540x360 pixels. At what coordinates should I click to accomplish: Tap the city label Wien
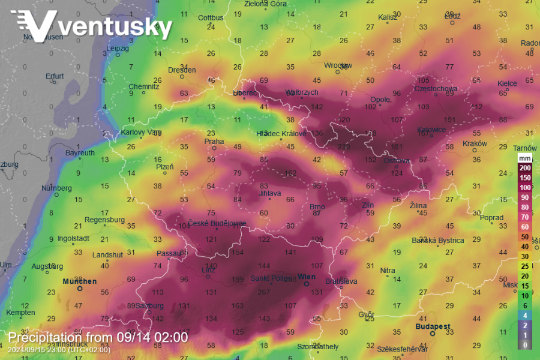pyautogui.click(x=307, y=277)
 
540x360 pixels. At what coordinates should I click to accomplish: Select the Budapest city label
pyautogui.click(x=433, y=326)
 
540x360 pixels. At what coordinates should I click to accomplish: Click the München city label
pyautogui.click(x=80, y=281)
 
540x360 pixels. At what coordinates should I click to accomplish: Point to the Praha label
pyautogui.click(x=214, y=142)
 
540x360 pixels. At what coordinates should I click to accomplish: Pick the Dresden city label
pyautogui.click(x=182, y=70)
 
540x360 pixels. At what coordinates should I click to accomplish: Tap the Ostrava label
pyautogui.click(x=397, y=160)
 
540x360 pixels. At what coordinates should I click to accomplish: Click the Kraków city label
pyautogui.click(x=475, y=144)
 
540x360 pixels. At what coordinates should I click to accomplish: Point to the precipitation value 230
pyautogui.click(x=344, y=147)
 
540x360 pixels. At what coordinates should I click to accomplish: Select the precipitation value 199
pyautogui.click(x=238, y=280)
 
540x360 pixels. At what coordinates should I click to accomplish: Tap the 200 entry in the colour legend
pyautogui.click(x=524, y=168)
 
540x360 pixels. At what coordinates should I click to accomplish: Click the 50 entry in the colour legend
pyautogui.click(x=524, y=236)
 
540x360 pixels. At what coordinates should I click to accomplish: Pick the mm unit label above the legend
pyautogui.click(x=524, y=158)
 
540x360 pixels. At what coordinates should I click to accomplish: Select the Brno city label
pyautogui.click(x=316, y=207)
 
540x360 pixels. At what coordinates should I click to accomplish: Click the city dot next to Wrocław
pyautogui.click(x=338, y=72)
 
